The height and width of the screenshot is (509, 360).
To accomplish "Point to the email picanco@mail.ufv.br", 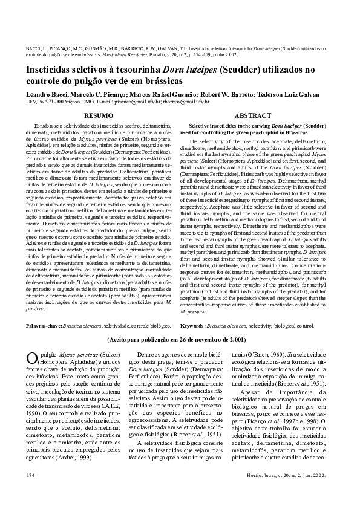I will click(x=134, y=102).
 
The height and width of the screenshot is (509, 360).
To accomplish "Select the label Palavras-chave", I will click(x=45, y=325).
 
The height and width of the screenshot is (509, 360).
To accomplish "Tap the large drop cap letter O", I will click(x=33, y=358).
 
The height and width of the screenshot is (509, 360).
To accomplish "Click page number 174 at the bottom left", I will click(x=31, y=493).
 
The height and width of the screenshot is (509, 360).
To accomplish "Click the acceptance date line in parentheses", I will click(x=180, y=340).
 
